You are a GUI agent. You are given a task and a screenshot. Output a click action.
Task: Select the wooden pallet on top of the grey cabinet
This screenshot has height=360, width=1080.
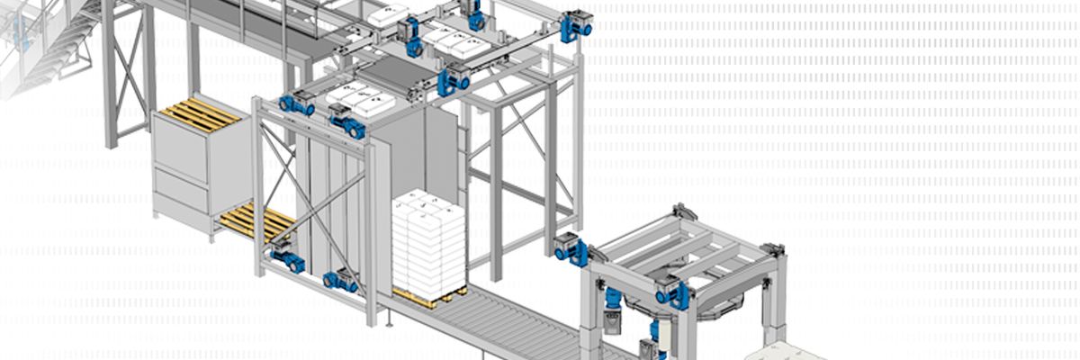tap(200, 114)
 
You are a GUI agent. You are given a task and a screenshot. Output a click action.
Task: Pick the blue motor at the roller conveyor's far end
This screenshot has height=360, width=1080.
tap(571, 248)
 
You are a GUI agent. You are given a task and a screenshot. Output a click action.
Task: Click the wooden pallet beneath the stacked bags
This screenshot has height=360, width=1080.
tap(430, 295)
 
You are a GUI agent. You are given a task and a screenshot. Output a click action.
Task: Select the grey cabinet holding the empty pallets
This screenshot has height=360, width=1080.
tap(184, 171)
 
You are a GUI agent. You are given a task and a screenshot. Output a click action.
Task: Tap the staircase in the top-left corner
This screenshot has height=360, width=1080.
tap(49, 45)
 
